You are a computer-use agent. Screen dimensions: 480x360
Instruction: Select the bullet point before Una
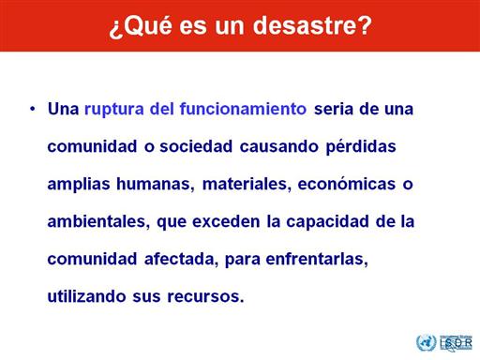pos(33,110)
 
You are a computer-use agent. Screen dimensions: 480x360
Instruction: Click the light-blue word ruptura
pos(114,110)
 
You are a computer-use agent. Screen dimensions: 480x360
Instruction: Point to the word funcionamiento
pos(243,109)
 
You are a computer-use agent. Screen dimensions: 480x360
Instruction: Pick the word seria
pos(334,110)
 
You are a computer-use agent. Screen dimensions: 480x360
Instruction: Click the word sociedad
pos(196,146)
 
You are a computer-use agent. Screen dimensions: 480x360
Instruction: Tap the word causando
pos(279,147)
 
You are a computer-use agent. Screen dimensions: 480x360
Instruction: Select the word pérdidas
pos(361,147)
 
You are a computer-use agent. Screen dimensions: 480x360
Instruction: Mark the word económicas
pos(347,184)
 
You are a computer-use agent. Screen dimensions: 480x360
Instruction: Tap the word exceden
pos(226,221)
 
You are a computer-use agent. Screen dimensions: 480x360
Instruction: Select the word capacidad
pos(327,222)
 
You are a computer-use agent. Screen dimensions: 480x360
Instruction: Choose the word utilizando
pos(86,296)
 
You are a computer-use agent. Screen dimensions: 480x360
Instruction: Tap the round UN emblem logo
pos(426,342)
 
